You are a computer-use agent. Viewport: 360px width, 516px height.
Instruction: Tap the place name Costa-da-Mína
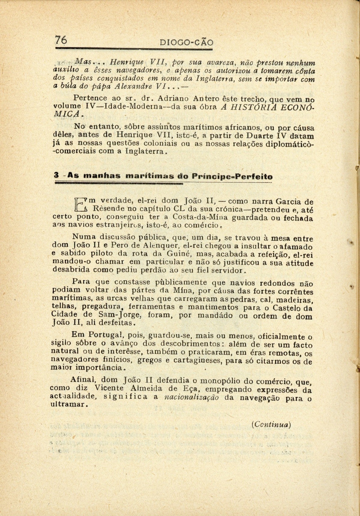pos(198,217)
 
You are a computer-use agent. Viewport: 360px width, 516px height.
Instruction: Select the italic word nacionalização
pos(192,397)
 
